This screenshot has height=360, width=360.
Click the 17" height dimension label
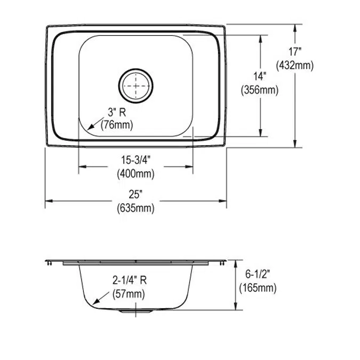coord(295,52)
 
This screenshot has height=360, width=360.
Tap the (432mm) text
coord(295,66)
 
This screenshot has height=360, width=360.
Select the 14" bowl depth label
coord(260,76)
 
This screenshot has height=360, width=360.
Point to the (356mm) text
coord(260,90)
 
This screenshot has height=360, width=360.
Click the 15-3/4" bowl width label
coord(135,160)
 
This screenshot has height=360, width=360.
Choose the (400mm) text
coord(135,174)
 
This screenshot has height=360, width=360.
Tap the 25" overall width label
coord(135,195)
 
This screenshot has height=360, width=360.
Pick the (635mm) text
coord(135,209)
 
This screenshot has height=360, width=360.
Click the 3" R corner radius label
coord(117,113)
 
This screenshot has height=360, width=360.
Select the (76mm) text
coord(117,125)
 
